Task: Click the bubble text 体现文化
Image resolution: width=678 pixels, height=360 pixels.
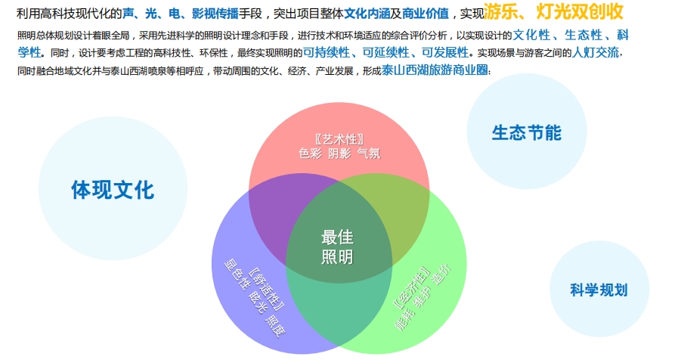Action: tap(113, 189)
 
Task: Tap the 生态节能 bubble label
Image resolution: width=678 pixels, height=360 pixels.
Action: tap(526, 132)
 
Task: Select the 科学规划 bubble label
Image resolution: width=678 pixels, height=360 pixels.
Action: tap(599, 290)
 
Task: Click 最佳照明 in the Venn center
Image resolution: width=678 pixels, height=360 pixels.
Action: tap(337, 247)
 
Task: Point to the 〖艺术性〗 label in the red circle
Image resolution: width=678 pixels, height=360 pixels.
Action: tap(339, 139)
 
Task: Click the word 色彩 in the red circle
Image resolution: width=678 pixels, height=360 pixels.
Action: tap(311, 153)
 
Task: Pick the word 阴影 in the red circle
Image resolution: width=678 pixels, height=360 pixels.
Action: tap(339, 153)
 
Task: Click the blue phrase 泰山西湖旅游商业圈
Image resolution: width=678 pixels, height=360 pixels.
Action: tap(436, 70)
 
